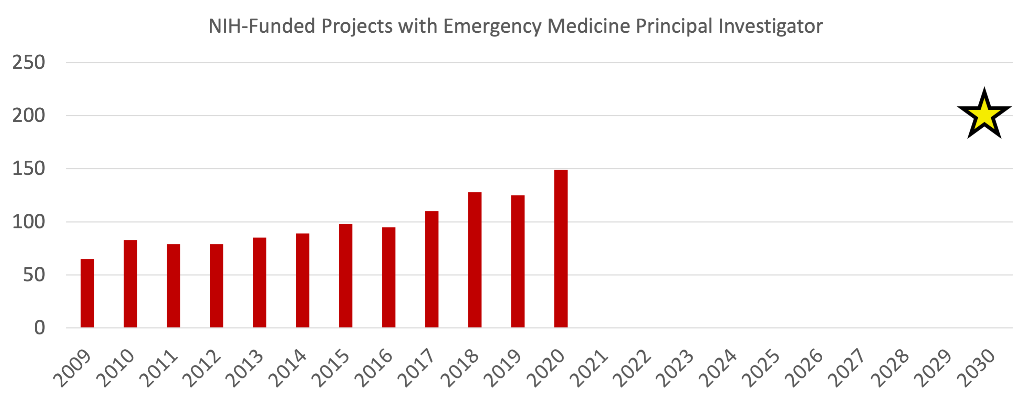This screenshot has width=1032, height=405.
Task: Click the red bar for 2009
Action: click(x=87, y=294)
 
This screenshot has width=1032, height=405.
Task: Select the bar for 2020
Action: click(x=561, y=248)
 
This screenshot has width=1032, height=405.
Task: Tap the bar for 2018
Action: click(x=475, y=260)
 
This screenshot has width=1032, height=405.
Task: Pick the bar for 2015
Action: click(x=346, y=276)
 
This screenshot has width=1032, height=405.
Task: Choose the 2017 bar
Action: click(x=432, y=269)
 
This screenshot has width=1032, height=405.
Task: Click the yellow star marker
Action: click(x=984, y=115)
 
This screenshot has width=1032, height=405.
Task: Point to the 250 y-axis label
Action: click(x=29, y=63)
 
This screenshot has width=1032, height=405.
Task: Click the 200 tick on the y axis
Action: click(x=29, y=116)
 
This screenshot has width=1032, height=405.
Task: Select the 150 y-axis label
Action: click(x=29, y=169)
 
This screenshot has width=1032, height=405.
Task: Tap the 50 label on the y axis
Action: click(x=34, y=275)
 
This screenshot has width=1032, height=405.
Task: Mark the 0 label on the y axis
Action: click(x=40, y=328)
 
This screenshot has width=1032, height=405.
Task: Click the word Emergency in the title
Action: click(x=492, y=27)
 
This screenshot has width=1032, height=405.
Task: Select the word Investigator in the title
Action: click(x=770, y=27)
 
